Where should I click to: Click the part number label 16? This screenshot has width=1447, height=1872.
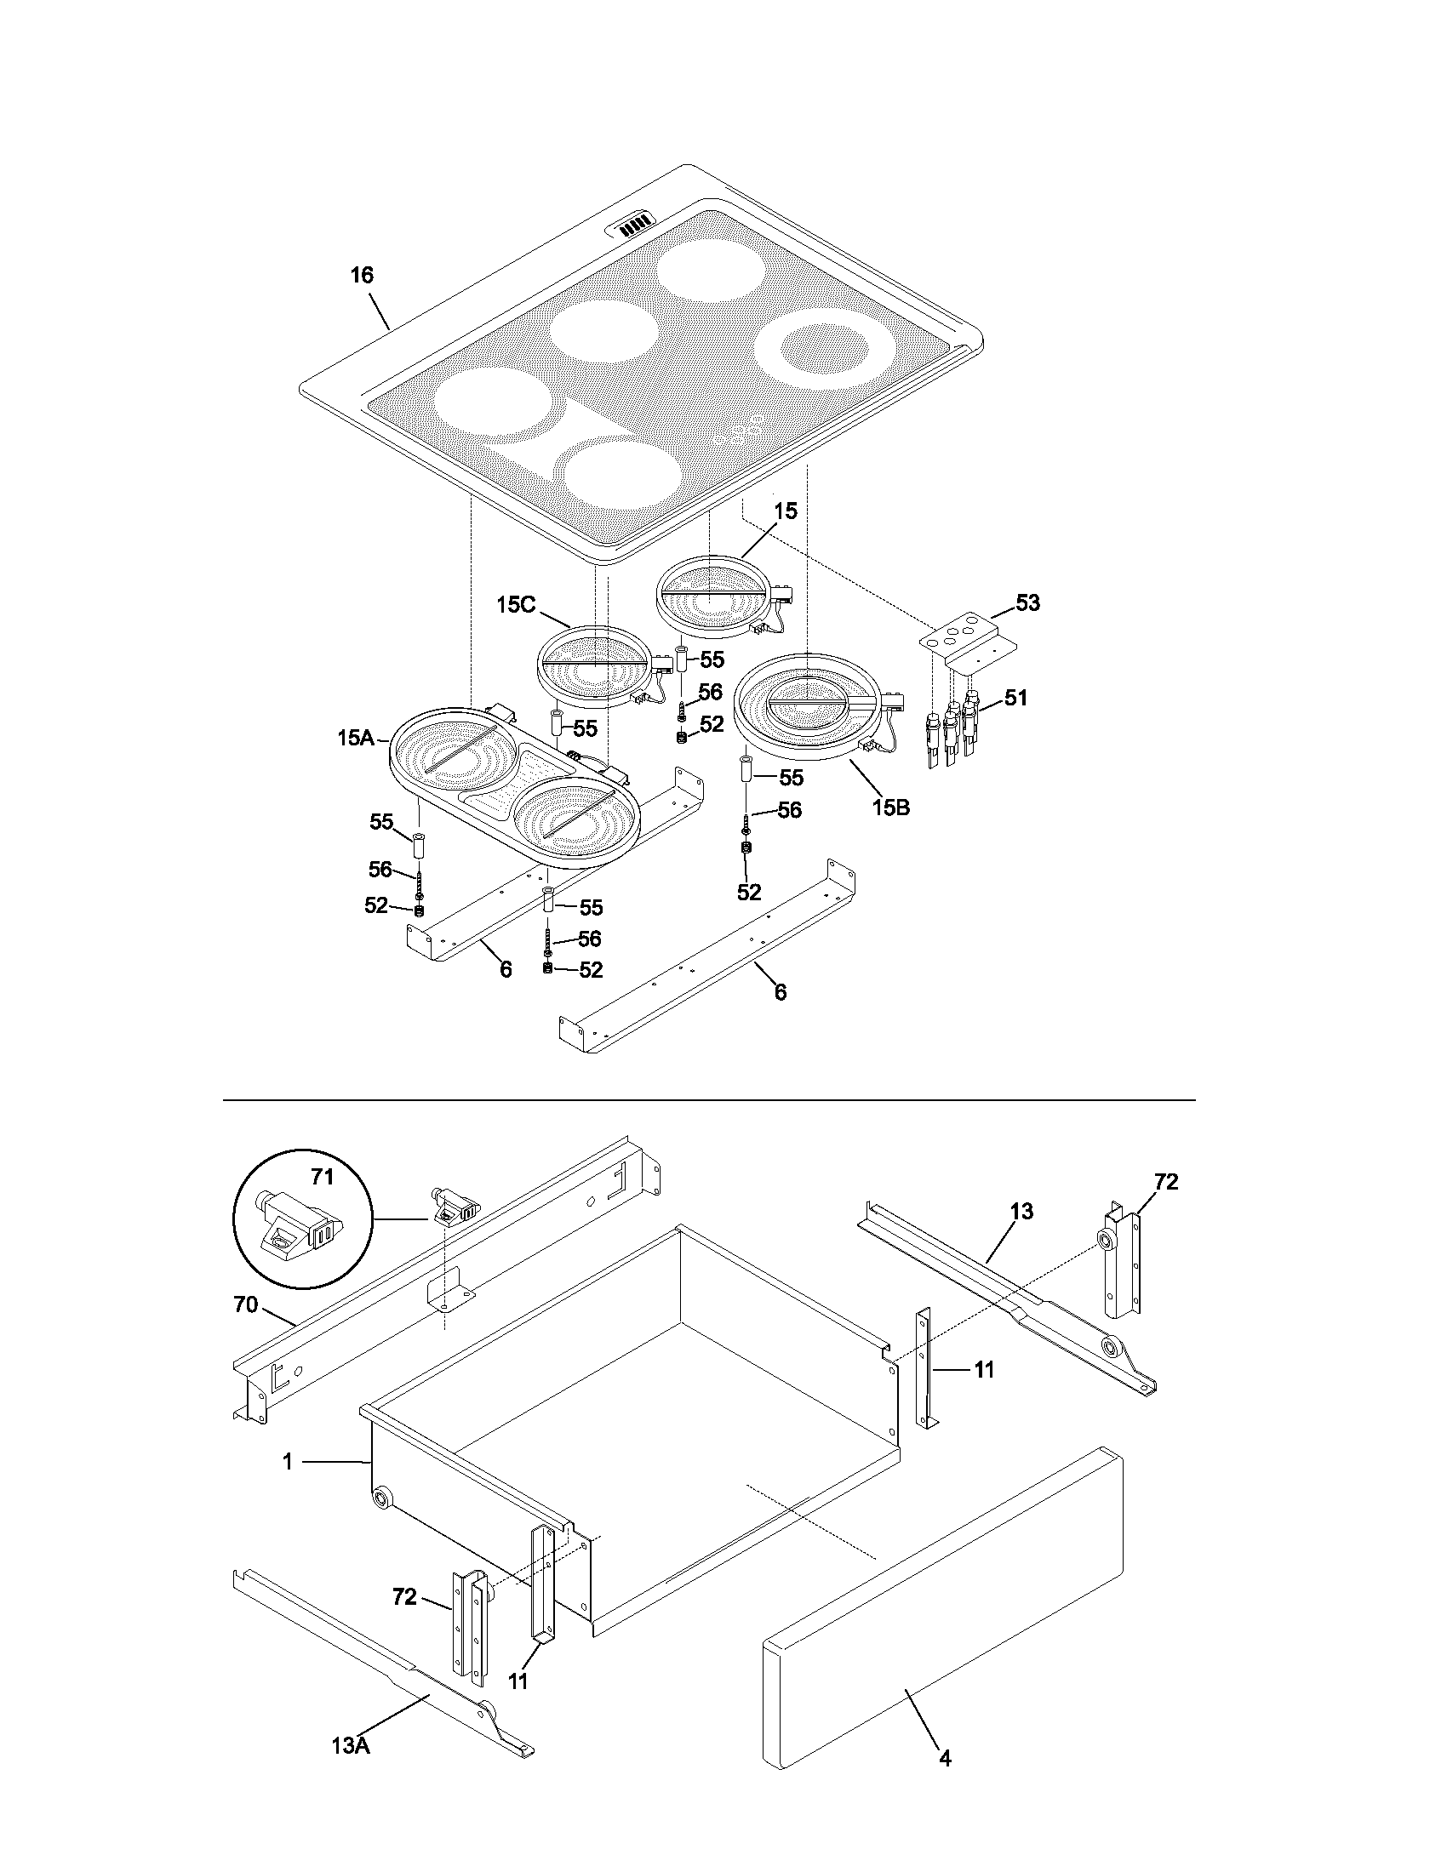pyautogui.click(x=362, y=275)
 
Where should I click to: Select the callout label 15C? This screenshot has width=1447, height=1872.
pyautogui.click(x=516, y=604)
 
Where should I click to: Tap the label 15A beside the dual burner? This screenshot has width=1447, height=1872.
pyautogui.click(x=355, y=737)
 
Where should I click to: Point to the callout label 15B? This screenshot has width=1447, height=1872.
pyautogui.click(x=890, y=807)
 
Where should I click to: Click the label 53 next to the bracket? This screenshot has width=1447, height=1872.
pyautogui.click(x=1027, y=602)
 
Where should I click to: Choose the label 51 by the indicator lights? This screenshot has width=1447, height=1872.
pyautogui.click(x=1015, y=698)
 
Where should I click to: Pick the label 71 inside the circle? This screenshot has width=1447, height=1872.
pyautogui.click(x=322, y=1177)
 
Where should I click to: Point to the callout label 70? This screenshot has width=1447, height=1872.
pyautogui.click(x=246, y=1304)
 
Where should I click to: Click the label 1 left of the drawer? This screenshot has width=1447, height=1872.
pyautogui.click(x=288, y=1460)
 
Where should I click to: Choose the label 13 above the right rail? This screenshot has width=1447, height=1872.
pyautogui.click(x=1021, y=1212)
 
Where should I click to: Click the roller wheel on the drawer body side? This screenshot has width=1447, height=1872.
pyautogui.click(x=380, y=1498)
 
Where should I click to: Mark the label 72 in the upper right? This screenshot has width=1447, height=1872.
pyautogui.click(x=1166, y=1182)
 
